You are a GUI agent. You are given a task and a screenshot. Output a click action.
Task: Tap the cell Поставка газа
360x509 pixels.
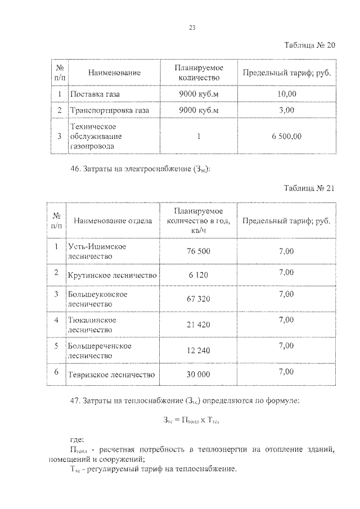(95, 93)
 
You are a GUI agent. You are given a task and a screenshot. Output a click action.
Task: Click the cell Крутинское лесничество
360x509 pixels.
(112, 275)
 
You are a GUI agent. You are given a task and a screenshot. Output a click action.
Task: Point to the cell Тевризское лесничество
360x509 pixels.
(111, 374)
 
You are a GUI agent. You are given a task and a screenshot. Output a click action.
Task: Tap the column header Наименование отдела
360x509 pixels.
(112, 221)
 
